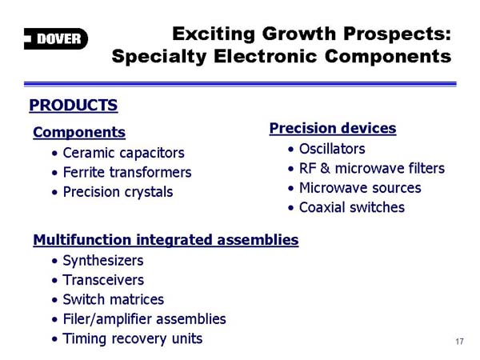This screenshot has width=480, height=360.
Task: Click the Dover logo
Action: tap(56, 39)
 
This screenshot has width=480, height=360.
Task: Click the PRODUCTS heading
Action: tap(74, 106)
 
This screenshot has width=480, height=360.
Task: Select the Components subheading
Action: tap(79, 132)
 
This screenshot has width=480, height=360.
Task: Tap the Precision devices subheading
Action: tap(333, 128)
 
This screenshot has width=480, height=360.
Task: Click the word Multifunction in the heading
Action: tap(82, 240)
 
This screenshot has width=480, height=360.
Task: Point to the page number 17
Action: tap(459, 342)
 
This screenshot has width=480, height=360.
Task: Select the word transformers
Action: tap(150, 172)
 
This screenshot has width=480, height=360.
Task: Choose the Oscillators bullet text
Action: tap(332, 149)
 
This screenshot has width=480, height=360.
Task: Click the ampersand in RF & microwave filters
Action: tap(325, 169)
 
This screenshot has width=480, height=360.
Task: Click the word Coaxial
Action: tap(322, 207)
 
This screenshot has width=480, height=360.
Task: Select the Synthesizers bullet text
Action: tap(103, 261)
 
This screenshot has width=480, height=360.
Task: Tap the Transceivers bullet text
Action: tap(103, 280)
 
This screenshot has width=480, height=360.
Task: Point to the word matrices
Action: tap(139, 300)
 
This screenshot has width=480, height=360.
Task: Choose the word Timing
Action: tap(85, 339)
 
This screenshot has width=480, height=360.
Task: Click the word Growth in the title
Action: tap(299, 34)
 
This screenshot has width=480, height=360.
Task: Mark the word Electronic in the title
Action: tap(266, 57)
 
